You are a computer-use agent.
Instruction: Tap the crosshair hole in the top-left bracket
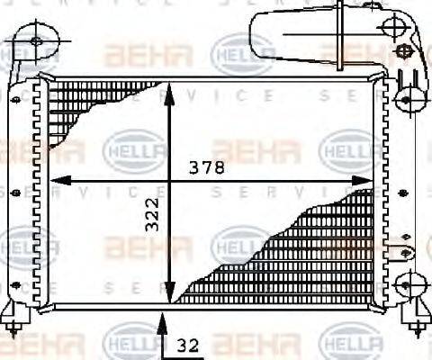36,40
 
